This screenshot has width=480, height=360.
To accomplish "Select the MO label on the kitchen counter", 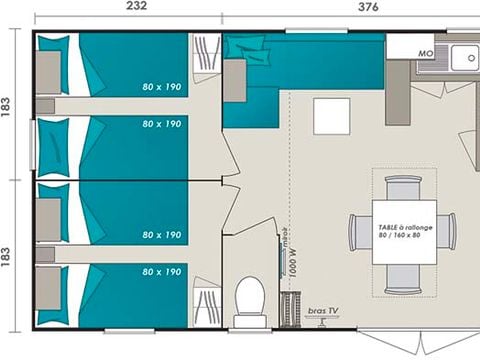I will click(424, 51).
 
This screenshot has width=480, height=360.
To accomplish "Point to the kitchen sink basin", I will click(465, 59).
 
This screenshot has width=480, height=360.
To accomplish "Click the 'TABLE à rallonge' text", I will click(405, 227).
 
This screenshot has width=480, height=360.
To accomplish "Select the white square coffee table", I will click(331, 116).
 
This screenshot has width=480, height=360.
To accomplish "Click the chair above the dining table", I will click(404, 187).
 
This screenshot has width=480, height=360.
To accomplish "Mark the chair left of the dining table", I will click(359, 232).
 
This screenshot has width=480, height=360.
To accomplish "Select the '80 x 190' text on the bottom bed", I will click(162, 271).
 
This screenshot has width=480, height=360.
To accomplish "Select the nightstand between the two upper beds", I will click(45, 106).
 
